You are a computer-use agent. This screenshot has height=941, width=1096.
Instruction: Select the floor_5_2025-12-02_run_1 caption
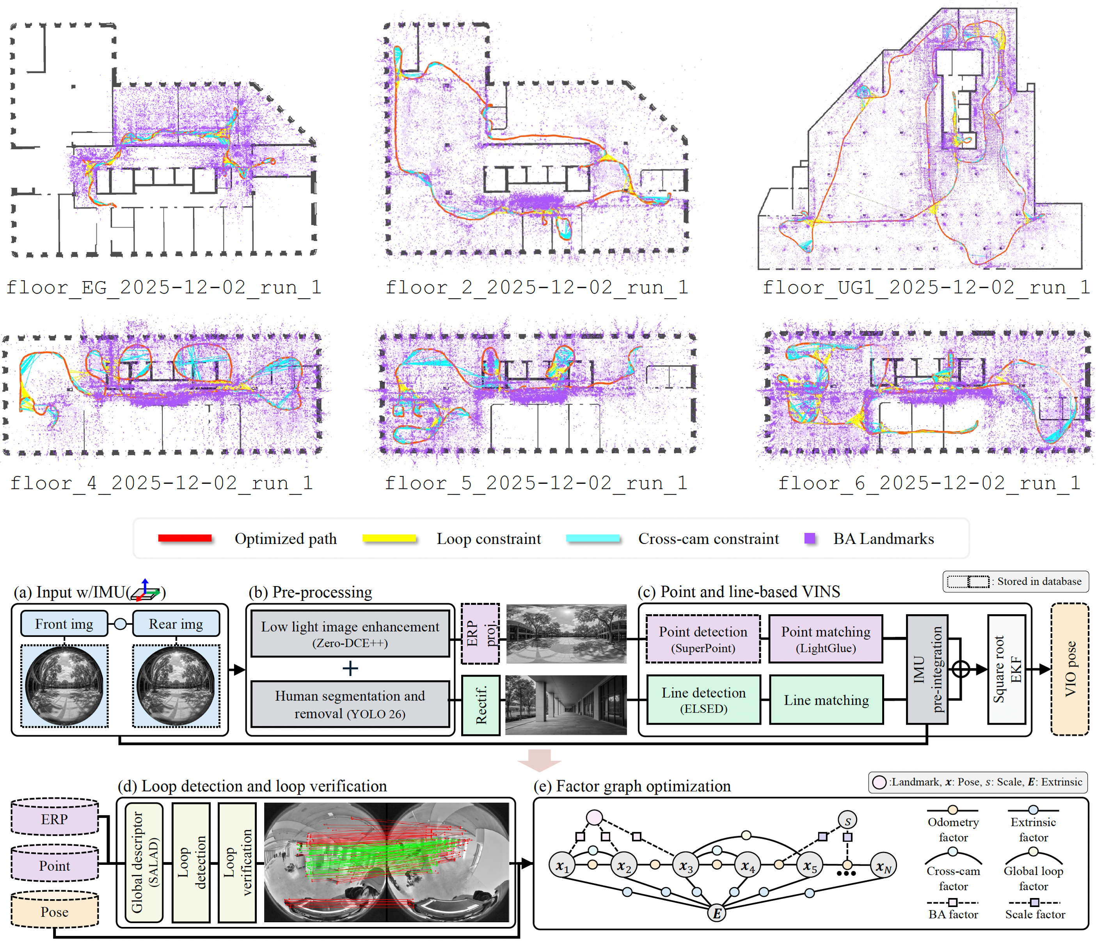coord(536,483)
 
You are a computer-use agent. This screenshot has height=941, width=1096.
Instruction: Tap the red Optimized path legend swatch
coord(185,538)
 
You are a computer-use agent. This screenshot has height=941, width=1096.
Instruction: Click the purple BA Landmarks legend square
coord(809,538)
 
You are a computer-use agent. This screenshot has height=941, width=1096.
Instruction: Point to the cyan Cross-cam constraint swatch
coord(593,538)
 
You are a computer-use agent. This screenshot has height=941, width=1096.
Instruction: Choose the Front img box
coord(64,624)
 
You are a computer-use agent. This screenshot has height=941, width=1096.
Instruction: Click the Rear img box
coord(176,624)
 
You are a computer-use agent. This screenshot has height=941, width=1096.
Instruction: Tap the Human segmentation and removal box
coord(350,704)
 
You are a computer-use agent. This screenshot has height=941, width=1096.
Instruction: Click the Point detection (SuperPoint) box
coord(703,639)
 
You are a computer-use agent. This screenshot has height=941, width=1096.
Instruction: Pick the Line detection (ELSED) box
coord(703,700)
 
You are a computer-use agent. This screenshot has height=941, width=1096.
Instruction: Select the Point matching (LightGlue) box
coord(826,639)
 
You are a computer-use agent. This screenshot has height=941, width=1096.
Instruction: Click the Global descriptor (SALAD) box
coord(144,863)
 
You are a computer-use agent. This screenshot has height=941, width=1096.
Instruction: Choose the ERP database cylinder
coord(55,819)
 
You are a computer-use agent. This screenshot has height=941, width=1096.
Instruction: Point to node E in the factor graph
coord(717,913)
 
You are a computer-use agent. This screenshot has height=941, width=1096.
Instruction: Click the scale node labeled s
coord(847,821)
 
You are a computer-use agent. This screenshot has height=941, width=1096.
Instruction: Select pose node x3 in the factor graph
coord(686,866)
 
